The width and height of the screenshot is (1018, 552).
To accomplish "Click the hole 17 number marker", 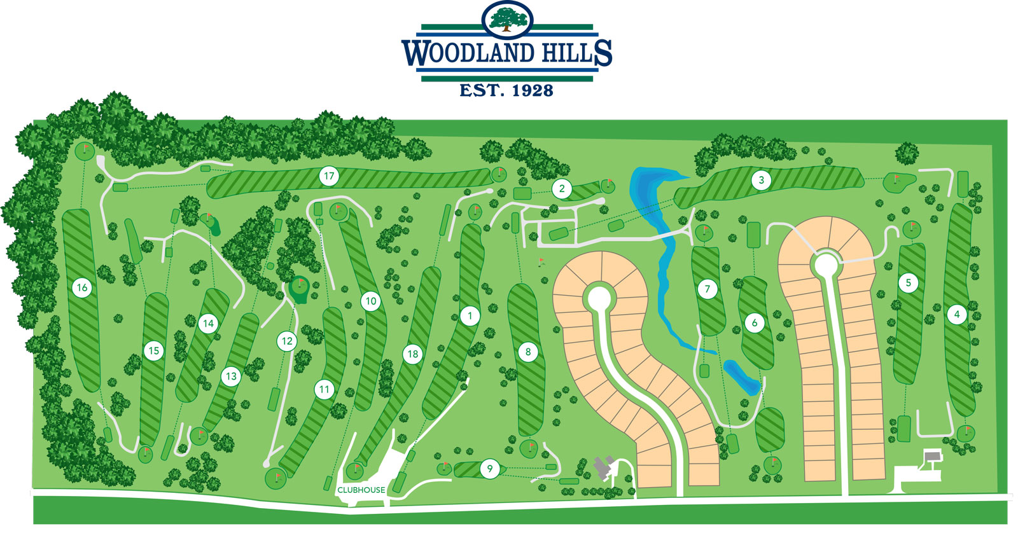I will click(x=329, y=176).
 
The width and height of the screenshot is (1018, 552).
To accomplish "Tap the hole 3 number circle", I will click(x=761, y=180).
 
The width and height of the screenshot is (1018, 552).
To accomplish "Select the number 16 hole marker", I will click(x=82, y=287).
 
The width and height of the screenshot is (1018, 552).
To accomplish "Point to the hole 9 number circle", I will click(x=490, y=469).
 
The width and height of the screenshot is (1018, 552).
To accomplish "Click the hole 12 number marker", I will click(x=287, y=341).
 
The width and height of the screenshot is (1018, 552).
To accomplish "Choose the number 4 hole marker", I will click(x=957, y=314).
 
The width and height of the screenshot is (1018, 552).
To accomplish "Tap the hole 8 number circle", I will click(x=527, y=352).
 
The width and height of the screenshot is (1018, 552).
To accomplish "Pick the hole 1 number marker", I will click(x=470, y=315).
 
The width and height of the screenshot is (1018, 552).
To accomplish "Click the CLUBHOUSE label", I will click(x=361, y=490).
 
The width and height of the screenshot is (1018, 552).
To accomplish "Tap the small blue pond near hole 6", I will click(x=742, y=376).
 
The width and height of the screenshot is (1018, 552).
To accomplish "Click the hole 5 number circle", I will click(x=908, y=282).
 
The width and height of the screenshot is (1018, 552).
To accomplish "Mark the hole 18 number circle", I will click(x=413, y=354).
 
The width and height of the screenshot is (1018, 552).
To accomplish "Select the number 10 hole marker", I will click(x=371, y=301).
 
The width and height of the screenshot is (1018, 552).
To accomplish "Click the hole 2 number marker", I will click(x=562, y=188).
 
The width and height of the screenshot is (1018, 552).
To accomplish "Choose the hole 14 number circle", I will click(x=208, y=324).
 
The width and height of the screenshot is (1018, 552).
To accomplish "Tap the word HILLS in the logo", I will click(x=576, y=53).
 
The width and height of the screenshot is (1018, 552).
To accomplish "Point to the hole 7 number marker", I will click(x=708, y=289).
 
